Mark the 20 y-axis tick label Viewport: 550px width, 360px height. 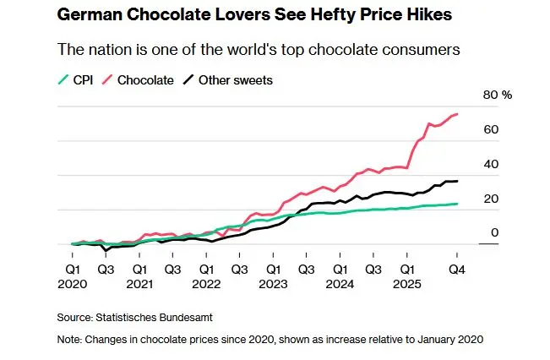point(489,199)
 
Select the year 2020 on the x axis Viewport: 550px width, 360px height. point(72,285)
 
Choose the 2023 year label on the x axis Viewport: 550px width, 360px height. point(273,285)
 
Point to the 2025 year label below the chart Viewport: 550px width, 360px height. point(406,285)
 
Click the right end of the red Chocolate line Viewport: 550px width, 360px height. point(458,114)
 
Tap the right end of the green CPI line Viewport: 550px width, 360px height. point(458,204)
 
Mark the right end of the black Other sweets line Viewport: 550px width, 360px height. point(458,181)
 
